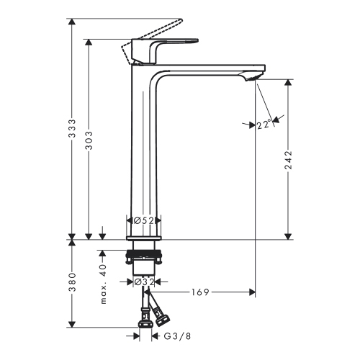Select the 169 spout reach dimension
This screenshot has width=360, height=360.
click(200, 292)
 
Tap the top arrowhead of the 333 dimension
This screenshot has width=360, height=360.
click(72, 21)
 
